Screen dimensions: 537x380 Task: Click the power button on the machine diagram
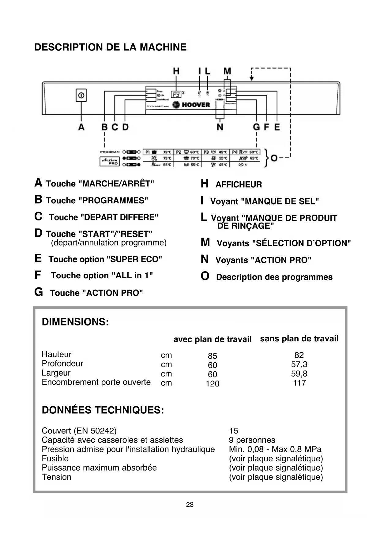(x=81, y=96)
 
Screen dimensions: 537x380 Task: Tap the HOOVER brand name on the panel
(x=196, y=105)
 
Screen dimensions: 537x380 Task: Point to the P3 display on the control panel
(x=176, y=94)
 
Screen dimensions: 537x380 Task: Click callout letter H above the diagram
(x=176, y=71)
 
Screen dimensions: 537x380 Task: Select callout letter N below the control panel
(x=220, y=127)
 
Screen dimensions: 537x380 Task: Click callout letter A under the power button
(x=81, y=127)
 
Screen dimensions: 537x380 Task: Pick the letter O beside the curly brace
(x=274, y=158)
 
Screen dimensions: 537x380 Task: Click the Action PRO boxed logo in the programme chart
(x=110, y=161)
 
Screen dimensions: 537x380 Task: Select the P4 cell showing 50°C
(x=245, y=152)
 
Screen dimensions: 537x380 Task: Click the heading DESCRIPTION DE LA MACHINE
(x=110, y=47)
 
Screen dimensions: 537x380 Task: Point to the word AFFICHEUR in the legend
(x=239, y=185)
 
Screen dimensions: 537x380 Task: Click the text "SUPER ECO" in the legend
(x=134, y=259)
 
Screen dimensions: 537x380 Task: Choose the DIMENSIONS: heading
(x=75, y=322)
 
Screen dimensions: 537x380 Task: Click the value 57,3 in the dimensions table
(x=299, y=364)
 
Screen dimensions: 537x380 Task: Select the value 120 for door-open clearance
(x=213, y=384)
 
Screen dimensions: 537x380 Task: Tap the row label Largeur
(x=56, y=373)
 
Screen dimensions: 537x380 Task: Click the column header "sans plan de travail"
(x=299, y=339)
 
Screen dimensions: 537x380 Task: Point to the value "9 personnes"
(x=252, y=440)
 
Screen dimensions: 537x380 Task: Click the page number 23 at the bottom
(x=190, y=505)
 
